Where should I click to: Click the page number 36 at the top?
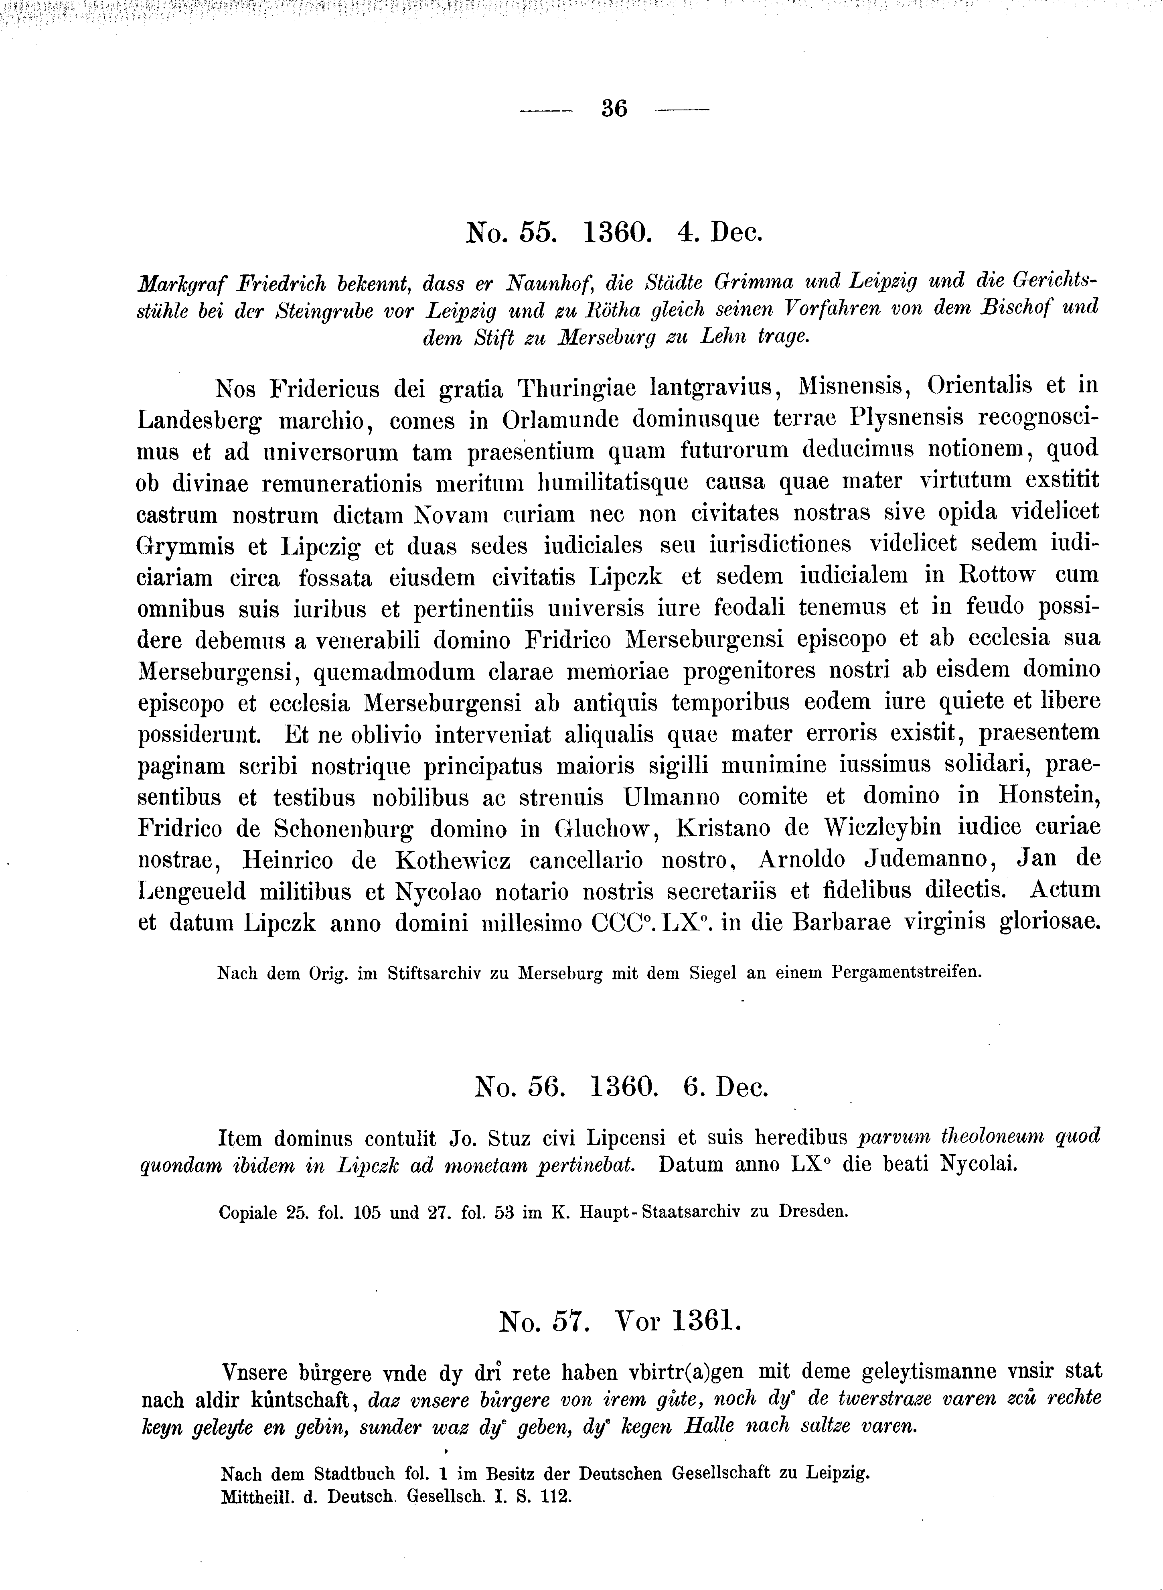[614, 109]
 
